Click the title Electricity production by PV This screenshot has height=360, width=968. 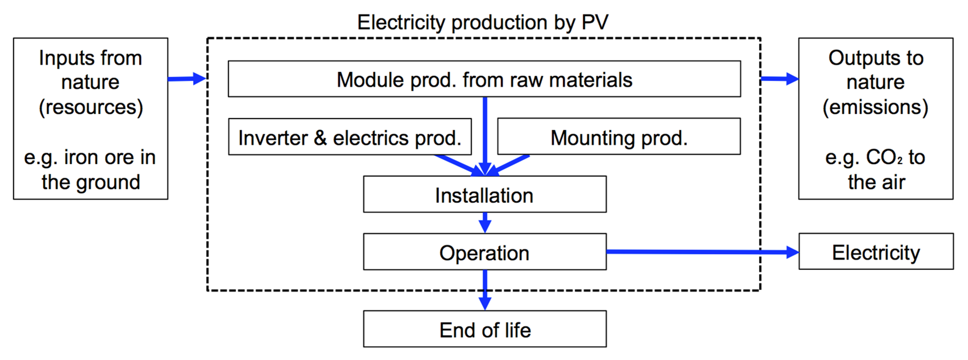click(483, 22)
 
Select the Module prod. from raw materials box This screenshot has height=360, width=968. click(484, 79)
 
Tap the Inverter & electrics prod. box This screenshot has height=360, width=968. click(349, 137)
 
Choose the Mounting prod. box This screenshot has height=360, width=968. click(619, 137)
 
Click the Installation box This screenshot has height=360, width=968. click(484, 195)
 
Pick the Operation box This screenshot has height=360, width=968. click(484, 252)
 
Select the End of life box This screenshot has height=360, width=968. click(484, 329)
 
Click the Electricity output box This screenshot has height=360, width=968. click(876, 252)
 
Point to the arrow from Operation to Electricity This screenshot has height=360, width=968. click(699, 252)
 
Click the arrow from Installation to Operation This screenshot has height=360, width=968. click(485, 222)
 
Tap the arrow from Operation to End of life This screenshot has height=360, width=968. click(485, 289)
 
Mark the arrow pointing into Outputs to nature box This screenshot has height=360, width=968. click(779, 79)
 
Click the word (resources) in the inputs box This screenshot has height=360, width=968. click(91, 107)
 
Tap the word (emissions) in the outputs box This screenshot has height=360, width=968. click(875, 107)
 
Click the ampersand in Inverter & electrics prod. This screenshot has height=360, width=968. click(320, 138)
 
